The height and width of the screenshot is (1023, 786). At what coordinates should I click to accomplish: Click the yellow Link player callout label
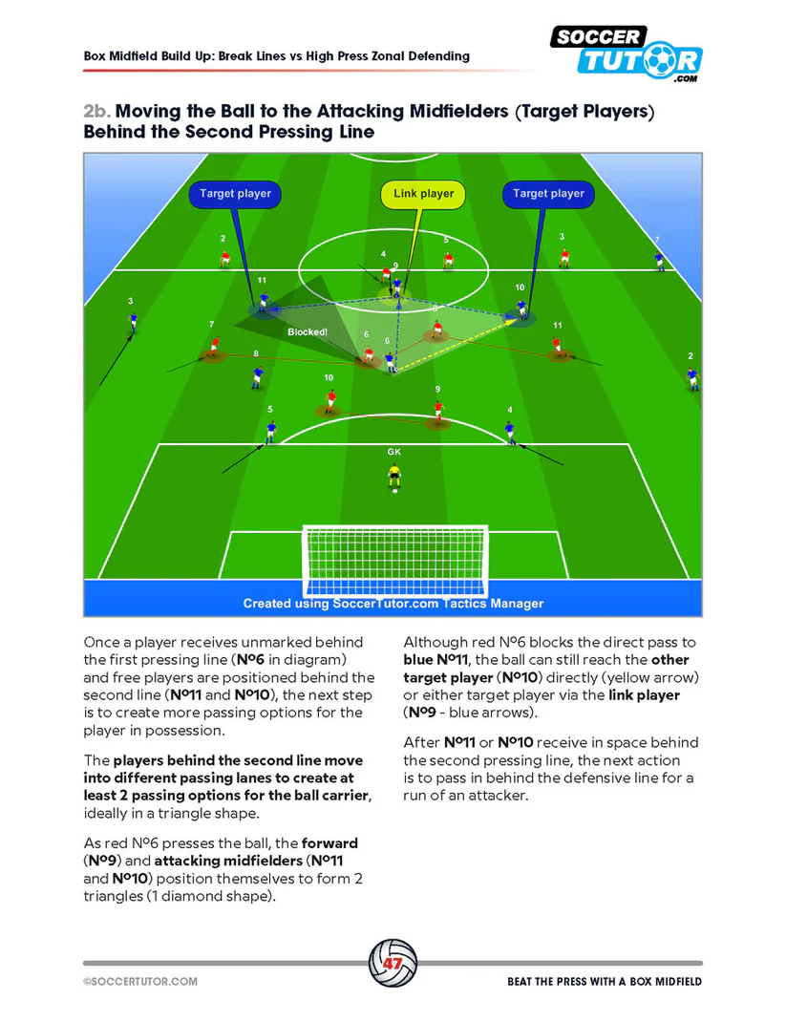coord(423,194)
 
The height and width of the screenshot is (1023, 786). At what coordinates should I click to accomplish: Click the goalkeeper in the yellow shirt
coord(393,475)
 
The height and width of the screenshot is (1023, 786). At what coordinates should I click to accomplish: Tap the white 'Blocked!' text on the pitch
coord(308,332)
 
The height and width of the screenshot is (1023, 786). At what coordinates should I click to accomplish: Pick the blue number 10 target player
coord(521,308)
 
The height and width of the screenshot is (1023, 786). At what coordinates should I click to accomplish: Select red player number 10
coord(330,401)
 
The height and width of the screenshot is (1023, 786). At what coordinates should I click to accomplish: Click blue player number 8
coord(256,375)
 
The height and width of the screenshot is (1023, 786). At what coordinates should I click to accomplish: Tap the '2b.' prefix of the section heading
coord(97,112)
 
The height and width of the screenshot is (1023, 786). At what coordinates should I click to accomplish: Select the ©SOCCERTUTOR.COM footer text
coord(140,982)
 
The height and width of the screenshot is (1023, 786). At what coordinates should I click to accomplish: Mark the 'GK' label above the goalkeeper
coord(393,451)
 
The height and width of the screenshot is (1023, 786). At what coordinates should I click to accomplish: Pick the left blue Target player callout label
coord(235,194)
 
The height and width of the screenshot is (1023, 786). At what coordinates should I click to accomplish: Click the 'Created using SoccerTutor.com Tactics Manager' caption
coord(393,603)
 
